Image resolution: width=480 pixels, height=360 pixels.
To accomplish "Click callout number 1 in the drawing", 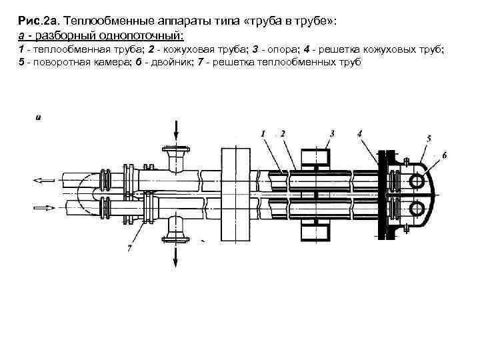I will [263, 133].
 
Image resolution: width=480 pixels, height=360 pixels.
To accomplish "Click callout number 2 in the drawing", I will [283, 133].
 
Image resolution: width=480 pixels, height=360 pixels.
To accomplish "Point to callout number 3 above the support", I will [331, 133].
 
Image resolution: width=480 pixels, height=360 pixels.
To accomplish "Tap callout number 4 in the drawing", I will [360, 133].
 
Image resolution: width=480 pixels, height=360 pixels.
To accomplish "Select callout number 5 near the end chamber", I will [429, 137].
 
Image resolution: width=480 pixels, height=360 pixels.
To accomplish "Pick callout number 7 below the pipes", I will [128, 249].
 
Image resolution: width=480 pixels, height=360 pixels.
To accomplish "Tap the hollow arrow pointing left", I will [43, 179].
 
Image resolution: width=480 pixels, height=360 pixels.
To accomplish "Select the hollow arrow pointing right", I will [43, 207].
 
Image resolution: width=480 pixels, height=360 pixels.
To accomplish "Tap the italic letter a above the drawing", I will [38, 117].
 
